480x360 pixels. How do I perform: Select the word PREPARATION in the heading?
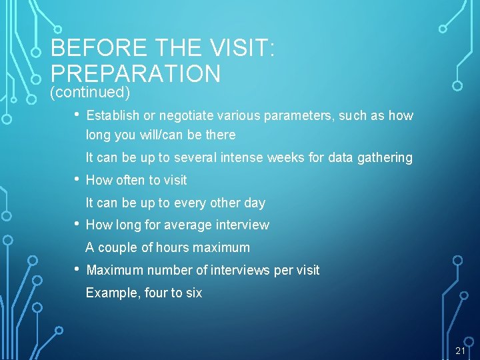pos(135,73)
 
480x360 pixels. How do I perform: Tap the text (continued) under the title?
pos(90,92)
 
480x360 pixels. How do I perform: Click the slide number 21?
pos(460,351)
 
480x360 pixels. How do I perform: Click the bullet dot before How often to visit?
pos(77,179)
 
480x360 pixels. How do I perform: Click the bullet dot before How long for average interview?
pos(77,224)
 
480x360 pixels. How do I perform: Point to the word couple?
pos(119,247)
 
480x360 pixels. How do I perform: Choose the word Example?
pos(113,293)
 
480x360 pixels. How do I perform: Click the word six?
pos(193,293)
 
